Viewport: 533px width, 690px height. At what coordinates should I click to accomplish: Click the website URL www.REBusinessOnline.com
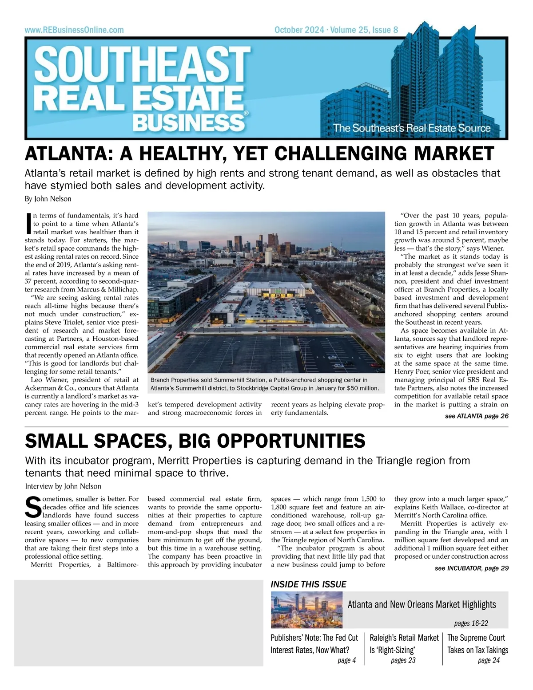[x=74, y=30]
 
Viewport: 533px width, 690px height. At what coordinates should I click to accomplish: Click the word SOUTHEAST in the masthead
[x=143, y=64]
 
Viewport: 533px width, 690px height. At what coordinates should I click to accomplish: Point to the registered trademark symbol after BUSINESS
[x=246, y=113]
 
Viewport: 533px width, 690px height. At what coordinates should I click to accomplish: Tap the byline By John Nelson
[x=48, y=199]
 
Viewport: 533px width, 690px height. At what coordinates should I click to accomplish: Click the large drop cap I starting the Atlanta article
[x=29, y=223]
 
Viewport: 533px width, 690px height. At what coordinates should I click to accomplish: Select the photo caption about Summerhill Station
[x=265, y=384]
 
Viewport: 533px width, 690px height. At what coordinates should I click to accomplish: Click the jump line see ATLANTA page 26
[x=476, y=416]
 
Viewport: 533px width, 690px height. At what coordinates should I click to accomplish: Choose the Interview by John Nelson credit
[x=63, y=486]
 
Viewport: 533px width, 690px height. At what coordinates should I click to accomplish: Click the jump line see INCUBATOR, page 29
[x=471, y=568]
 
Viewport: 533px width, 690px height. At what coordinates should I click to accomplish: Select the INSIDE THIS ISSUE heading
[x=308, y=584]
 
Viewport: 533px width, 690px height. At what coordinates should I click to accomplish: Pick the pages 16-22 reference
[x=471, y=623]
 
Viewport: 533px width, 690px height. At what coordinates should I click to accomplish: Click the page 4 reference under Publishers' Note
[x=346, y=660]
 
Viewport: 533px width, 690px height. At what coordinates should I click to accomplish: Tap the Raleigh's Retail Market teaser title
[x=403, y=638]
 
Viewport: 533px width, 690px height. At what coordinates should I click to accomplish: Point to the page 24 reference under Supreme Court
[x=489, y=660]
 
